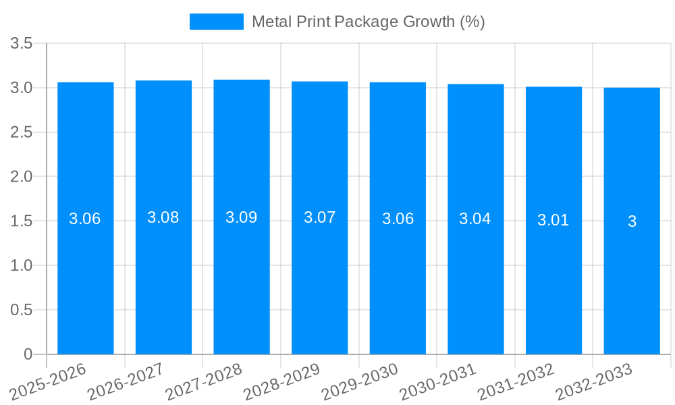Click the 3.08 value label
pyautogui.click(x=163, y=217)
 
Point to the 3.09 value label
pyautogui.click(x=242, y=217)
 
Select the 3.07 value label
pyautogui.click(x=320, y=217)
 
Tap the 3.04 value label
pyautogui.click(x=475, y=219)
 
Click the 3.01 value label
pyautogui.click(x=553, y=220)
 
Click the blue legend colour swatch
pyautogui.click(x=216, y=22)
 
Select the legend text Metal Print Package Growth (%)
pyautogui.click(x=369, y=22)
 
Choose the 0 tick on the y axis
pyautogui.click(x=28, y=354)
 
